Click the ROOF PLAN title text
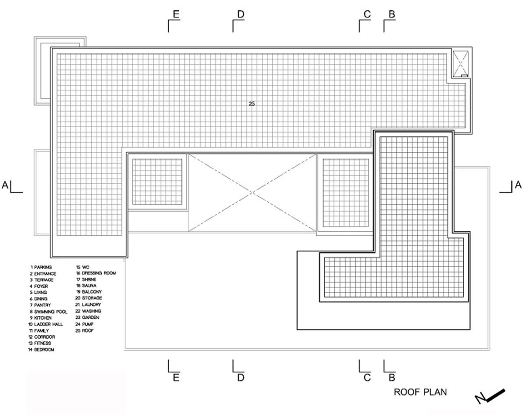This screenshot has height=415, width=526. [420, 392]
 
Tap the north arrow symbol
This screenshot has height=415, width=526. [491, 396]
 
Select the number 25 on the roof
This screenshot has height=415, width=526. [252, 104]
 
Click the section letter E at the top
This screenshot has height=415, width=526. [176, 14]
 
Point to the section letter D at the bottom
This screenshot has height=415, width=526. [240, 377]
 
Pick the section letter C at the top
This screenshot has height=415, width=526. [367, 14]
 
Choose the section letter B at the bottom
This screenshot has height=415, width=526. [392, 377]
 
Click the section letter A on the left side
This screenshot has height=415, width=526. [5, 185]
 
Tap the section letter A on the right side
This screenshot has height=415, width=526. [518, 185]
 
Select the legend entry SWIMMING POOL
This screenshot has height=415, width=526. [49, 311]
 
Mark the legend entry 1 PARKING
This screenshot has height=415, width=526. [41, 267]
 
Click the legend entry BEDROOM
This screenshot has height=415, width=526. [43, 350]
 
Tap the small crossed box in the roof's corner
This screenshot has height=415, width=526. [460, 63]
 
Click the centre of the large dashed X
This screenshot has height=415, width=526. [252, 193]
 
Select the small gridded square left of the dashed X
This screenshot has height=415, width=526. [157, 181]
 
